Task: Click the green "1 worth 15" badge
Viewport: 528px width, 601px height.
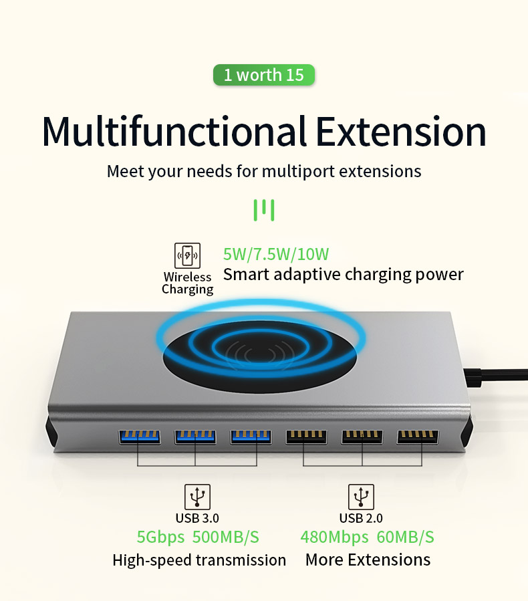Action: tap(263, 75)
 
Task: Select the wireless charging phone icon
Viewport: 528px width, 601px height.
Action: tap(187, 256)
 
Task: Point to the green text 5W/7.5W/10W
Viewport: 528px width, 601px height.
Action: tap(276, 254)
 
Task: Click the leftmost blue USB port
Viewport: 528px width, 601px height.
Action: tap(140, 437)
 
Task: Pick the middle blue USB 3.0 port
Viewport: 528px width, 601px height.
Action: tap(195, 437)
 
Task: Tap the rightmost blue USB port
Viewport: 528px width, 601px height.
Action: tap(251, 437)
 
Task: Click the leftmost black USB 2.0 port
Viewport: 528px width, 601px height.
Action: tap(307, 437)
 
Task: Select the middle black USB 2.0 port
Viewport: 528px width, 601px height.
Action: tap(362, 437)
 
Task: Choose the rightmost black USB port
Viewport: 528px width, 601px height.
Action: tap(418, 437)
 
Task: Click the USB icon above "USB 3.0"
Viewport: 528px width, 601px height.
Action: tap(197, 497)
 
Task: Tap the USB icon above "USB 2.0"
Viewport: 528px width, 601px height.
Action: tap(361, 497)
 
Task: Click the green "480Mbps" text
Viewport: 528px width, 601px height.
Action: tap(334, 537)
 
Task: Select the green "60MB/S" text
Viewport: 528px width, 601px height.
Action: tap(406, 537)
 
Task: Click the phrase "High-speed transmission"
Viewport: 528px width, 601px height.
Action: tap(199, 560)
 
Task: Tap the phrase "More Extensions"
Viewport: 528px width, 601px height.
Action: tap(368, 560)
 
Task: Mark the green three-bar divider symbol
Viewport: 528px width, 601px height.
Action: tap(264, 210)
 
